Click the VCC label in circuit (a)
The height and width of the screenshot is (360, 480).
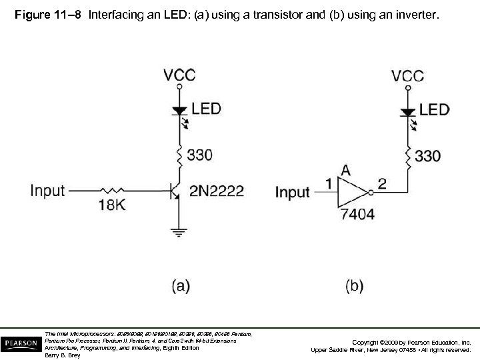[180, 75]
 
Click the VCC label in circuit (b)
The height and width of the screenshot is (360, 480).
[407, 75]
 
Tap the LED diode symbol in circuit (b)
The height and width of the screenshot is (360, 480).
[407, 110]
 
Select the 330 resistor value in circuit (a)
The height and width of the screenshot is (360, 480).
[199, 155]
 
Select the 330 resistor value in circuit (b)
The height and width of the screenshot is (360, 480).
[427, 156]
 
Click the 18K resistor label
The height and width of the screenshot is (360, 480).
[111, 205]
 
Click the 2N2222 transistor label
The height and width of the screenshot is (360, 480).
[217, 191]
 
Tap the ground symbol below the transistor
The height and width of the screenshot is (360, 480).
[179, 232]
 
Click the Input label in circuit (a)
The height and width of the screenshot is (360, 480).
[48, 191]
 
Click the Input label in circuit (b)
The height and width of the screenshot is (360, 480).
[293, 193]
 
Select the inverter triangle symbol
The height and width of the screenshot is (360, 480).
[352, 193]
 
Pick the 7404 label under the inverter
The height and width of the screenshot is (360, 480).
[357, 214]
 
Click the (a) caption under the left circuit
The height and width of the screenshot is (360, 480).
[181, 286]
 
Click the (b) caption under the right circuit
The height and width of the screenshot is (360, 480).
[354, 286]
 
